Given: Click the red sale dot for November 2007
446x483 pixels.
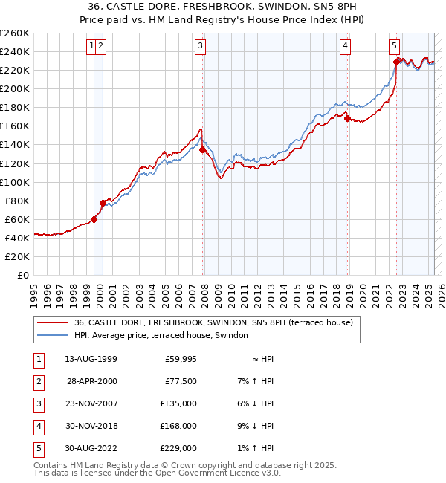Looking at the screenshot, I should tap(203, 149).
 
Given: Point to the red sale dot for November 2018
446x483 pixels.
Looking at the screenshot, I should tap(348, 118).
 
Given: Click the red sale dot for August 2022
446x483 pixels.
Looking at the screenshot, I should tap(397, 62).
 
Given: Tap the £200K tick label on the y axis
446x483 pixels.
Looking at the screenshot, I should tap(14, 88).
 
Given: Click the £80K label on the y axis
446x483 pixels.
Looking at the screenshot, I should tap(16, 201).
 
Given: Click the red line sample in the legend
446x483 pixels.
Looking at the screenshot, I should tap(52, 322).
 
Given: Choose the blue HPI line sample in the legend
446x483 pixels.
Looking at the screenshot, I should tap(52, 335).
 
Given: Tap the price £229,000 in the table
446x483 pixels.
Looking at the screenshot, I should tap(180, 448).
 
